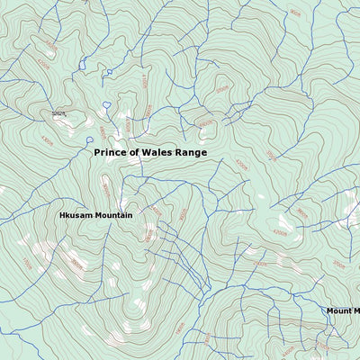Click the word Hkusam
coord(76,216)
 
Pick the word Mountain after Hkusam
coord(112,216)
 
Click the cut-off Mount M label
coord(343,311)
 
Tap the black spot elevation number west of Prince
coord(58,114)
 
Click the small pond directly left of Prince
coord(88,140)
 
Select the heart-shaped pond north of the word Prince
coord(106,105)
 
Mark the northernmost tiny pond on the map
coord(110,72)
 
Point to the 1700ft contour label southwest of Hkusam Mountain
coord(27,265)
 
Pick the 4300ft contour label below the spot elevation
coord(47,139)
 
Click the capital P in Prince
coord(97,153)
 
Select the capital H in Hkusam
coord(63,216)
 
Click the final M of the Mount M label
coord(355,311)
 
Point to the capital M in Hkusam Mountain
coord(96,216)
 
